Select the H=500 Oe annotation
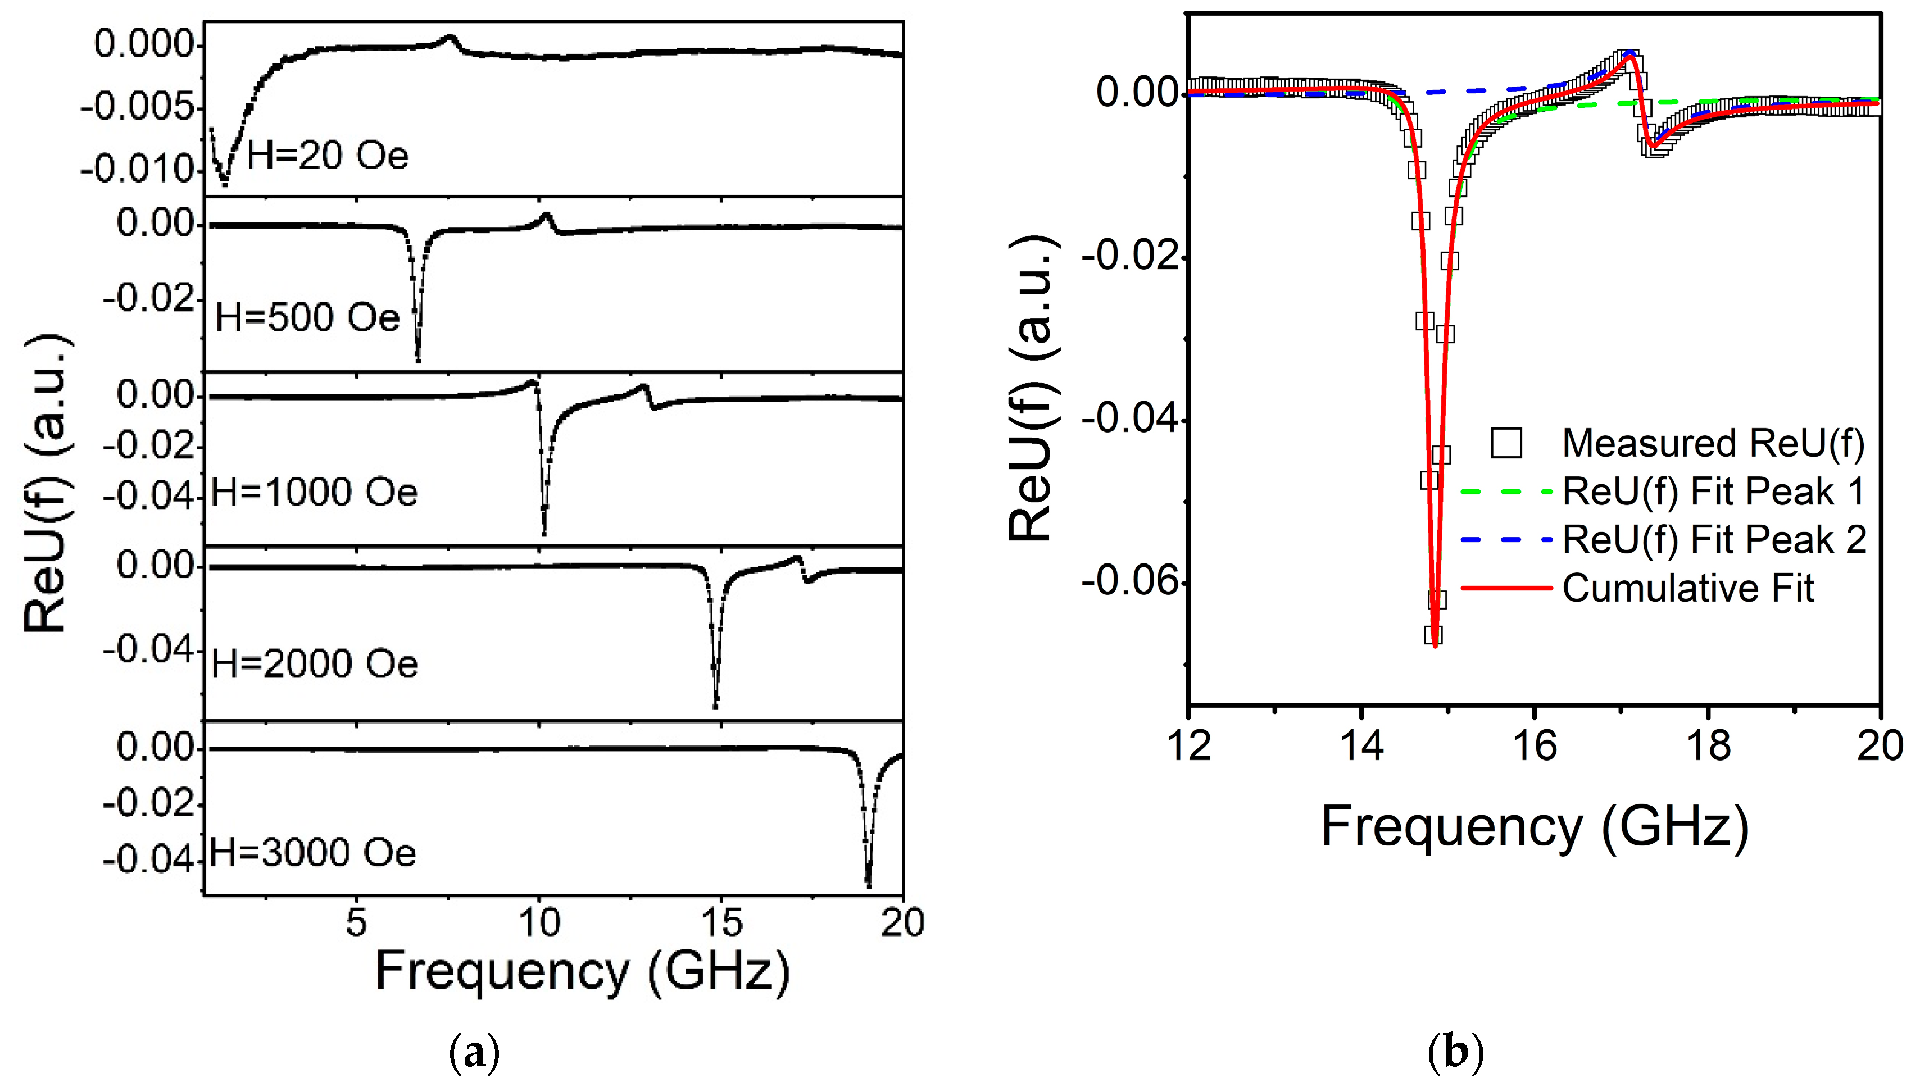pos(307,318)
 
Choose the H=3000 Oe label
pos(312,853)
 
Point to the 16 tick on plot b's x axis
pos(1534,747)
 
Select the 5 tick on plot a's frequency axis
pos(356,923)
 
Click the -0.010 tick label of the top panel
pos(139,171)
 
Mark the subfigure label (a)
pos(475,1053)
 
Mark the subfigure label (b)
pos(1455,1053)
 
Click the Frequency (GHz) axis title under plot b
pos(1535,827)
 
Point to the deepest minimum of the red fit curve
pos(1435,647)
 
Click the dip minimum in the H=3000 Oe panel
pos(868,885)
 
